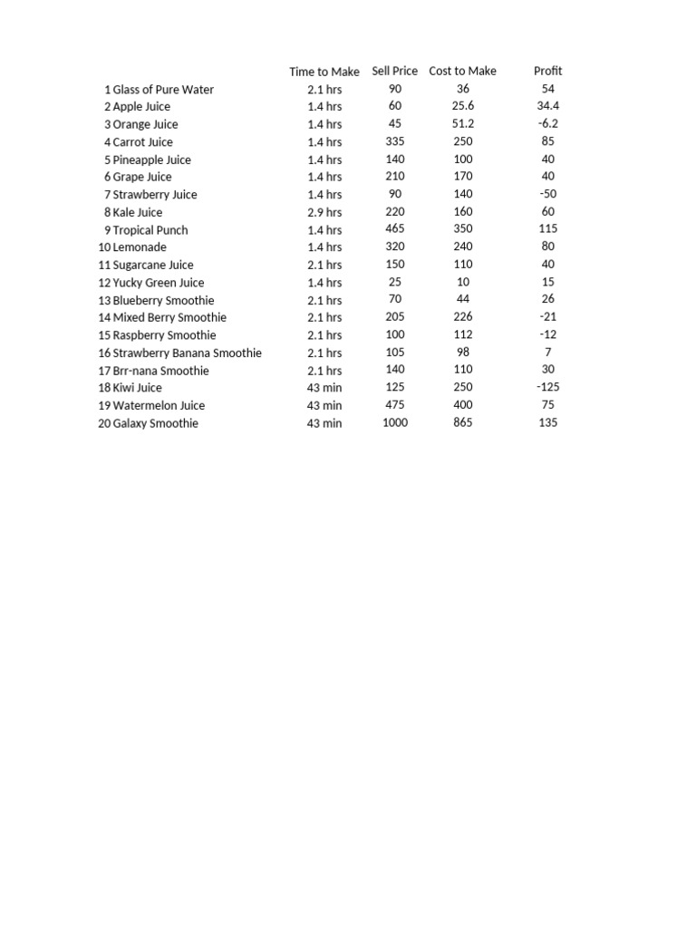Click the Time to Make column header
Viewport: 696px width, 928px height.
coord(324,72)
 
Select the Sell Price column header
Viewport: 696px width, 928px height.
coord(394,71)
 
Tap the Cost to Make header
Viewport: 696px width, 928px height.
coord(462,71)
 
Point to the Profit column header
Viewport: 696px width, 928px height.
coord(547,71)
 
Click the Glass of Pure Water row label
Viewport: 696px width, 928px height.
coord(163,90)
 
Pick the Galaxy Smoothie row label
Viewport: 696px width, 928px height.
coord(155,423)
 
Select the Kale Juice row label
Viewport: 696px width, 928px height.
coord(138,212)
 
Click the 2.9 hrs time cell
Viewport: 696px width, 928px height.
coord(324,212)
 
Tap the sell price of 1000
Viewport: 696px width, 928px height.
coord(395,422)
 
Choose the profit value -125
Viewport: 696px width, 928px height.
coord(547,387)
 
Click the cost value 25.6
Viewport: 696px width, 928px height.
coord(463,106)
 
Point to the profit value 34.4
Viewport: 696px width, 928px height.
coord(547,106)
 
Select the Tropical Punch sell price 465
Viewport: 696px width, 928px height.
coord(395,228)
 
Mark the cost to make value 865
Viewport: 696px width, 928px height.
coord(463,422)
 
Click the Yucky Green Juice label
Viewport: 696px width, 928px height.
coord(159,283)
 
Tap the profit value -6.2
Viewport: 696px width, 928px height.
coord(547,123)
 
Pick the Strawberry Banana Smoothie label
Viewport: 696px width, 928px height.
coord(187,353)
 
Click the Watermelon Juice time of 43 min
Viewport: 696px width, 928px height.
coord(324,405)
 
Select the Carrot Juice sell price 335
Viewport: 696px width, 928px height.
coord(395,140)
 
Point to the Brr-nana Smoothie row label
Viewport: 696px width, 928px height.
coord(160,371)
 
